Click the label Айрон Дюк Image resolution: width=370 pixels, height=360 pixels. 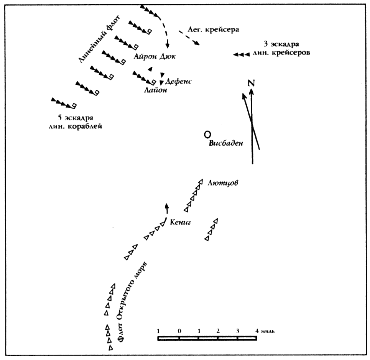tap(155, 57)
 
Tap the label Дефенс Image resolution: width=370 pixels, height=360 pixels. tap(178, 81)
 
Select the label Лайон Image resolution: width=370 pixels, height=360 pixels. tap(156, 90)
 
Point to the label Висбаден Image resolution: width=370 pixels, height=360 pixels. tap(226, 143)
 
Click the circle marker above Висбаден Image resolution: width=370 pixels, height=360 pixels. tap(207, 135)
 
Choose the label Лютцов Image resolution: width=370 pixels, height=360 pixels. tap(223, 183)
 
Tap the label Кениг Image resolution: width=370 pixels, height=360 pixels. tap(180, 222)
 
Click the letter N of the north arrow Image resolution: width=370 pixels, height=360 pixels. tap(251, 83)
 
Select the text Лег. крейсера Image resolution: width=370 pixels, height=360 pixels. tap(213, 30)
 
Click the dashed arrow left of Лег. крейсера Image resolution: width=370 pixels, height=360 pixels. tap(189, 38)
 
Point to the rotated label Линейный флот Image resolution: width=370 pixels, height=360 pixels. tap(99, 39)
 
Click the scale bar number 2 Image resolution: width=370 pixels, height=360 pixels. tap(218, 331)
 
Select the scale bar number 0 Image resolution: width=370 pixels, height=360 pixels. tap(179, 331)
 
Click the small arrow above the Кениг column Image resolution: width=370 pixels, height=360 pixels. tap(167, 209)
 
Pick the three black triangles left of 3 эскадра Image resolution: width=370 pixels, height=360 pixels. tap(241, 54)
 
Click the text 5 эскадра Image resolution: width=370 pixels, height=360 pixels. tap(76, 118)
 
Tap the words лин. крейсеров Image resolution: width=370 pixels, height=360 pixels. tap(281, 53)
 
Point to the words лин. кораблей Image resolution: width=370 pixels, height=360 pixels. tap(75, 127)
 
